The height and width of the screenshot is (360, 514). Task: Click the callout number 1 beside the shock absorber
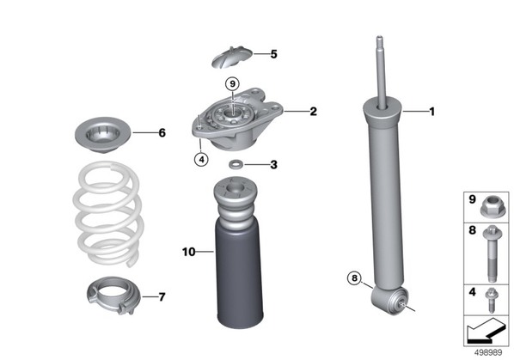432,112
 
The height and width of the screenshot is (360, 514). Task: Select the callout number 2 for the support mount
314,112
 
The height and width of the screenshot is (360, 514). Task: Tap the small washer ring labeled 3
235,164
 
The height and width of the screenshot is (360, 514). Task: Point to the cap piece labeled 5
232,57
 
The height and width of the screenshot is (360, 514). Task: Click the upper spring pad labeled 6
102,135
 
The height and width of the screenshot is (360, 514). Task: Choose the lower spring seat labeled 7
113,295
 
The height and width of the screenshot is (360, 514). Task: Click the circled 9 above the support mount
232,84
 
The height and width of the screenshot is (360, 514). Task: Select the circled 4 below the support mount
201,160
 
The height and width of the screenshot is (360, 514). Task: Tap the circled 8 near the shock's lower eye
354,278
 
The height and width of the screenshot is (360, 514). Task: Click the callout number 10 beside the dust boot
189,252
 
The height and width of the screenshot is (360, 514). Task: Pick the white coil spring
108,214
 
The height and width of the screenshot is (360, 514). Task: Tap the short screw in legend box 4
491,300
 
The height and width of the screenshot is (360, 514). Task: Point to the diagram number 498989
488,353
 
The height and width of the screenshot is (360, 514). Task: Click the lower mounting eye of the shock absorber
389,300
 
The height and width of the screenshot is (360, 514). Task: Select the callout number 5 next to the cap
273,54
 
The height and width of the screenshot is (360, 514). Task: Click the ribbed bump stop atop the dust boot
235,200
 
